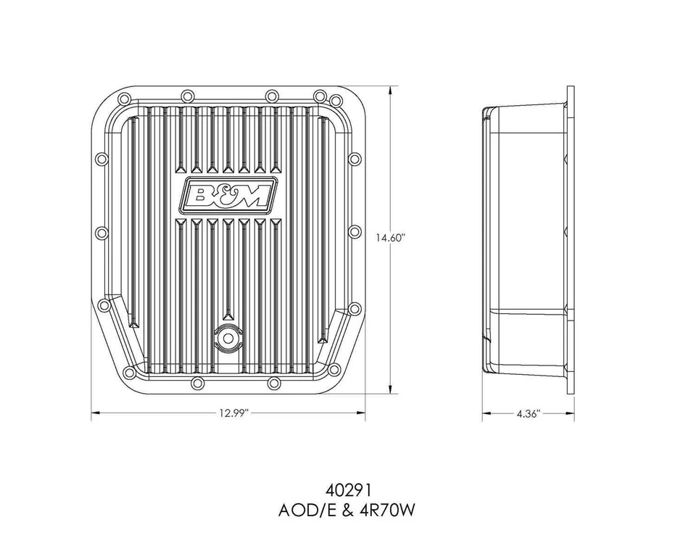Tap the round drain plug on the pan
pyautogui.click(x=228, y=337)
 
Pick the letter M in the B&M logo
pyautogui.click(x=258, y=194)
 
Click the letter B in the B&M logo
pyautogui.click(x=201, y=194)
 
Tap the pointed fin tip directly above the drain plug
pyautogui.click(x=228, y=318)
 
